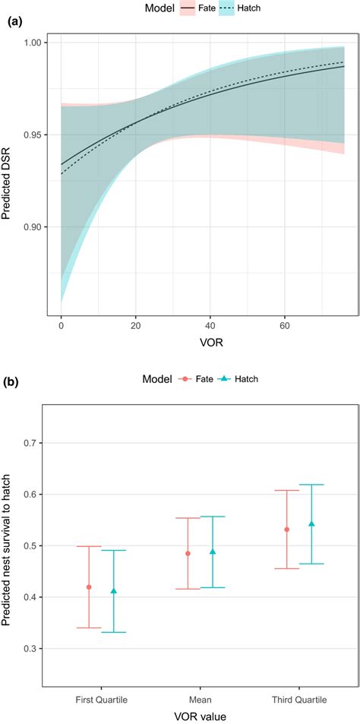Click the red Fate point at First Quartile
[90, 587]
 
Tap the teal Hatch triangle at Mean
[213, 552]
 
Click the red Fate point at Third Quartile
[286, 530]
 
